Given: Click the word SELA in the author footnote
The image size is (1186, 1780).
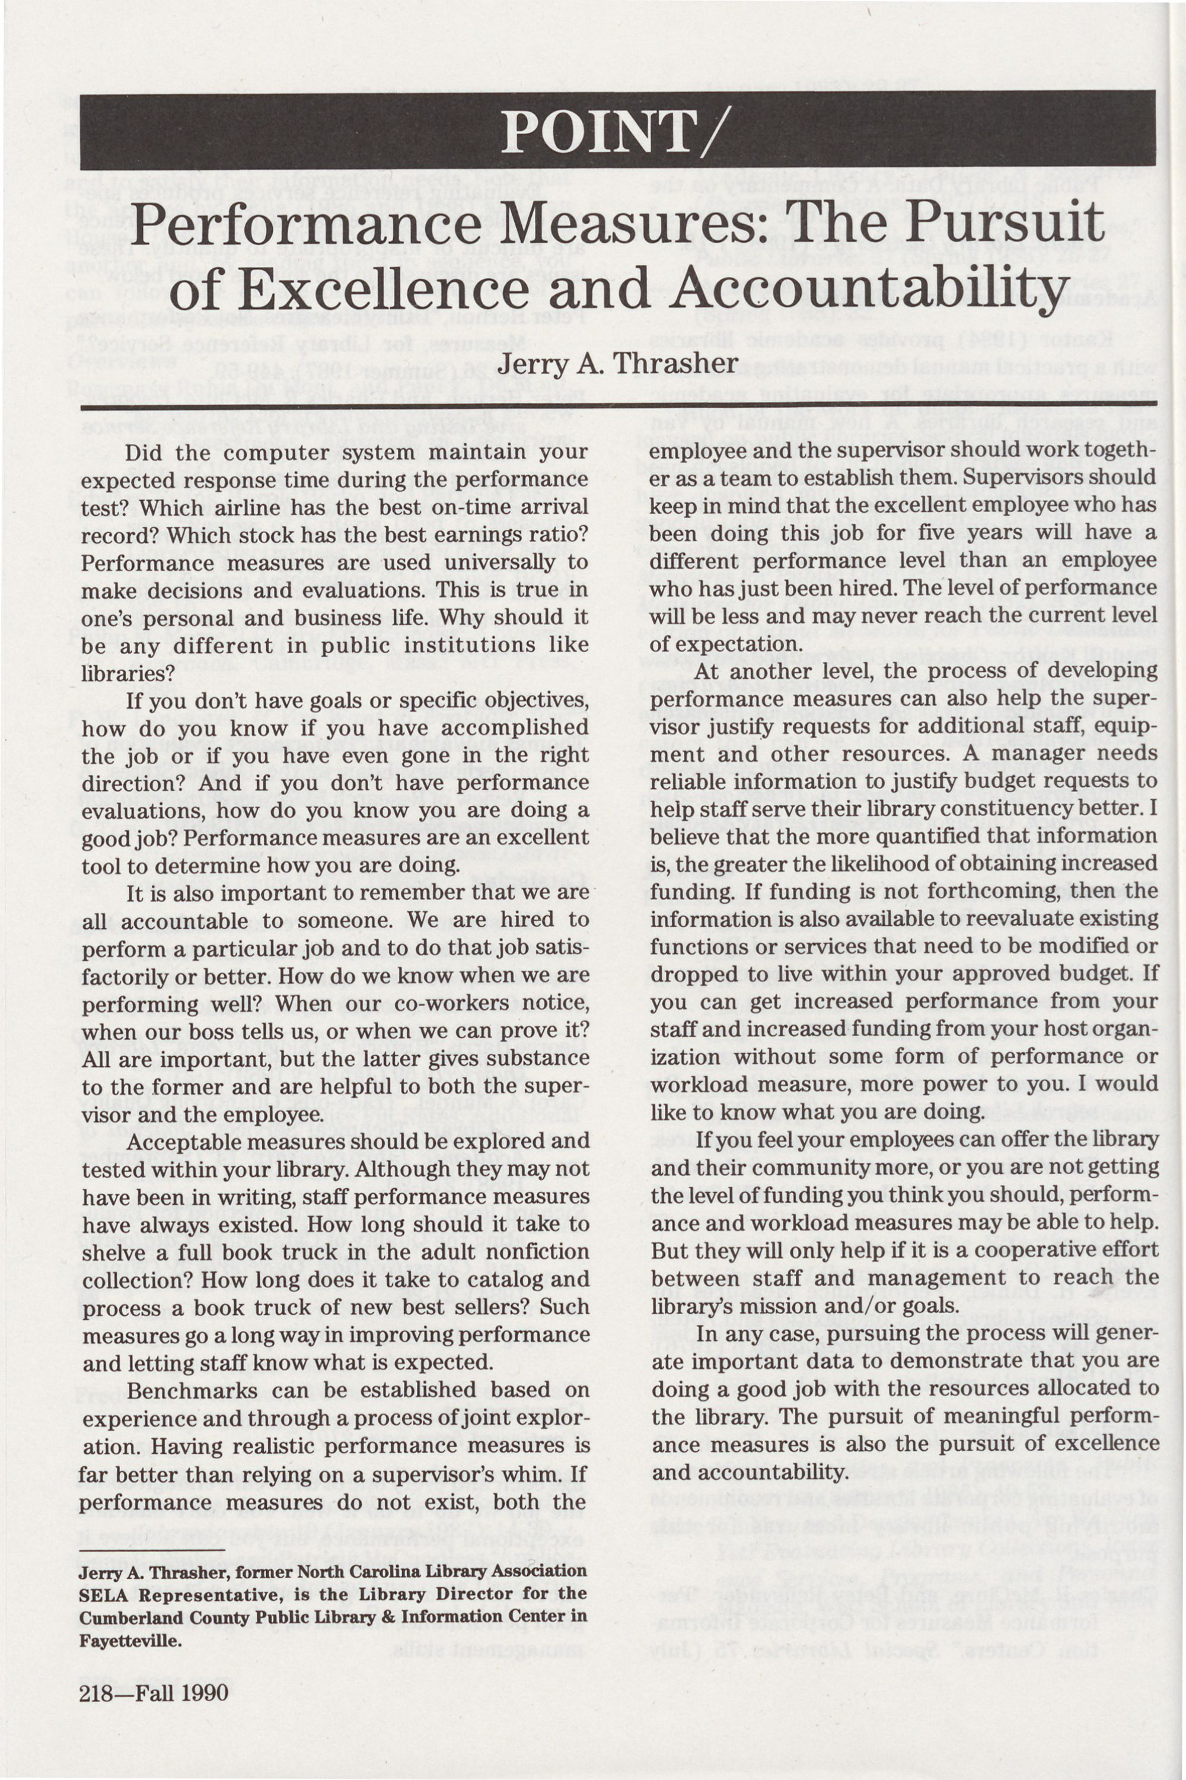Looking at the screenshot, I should [x=104, y=1595].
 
